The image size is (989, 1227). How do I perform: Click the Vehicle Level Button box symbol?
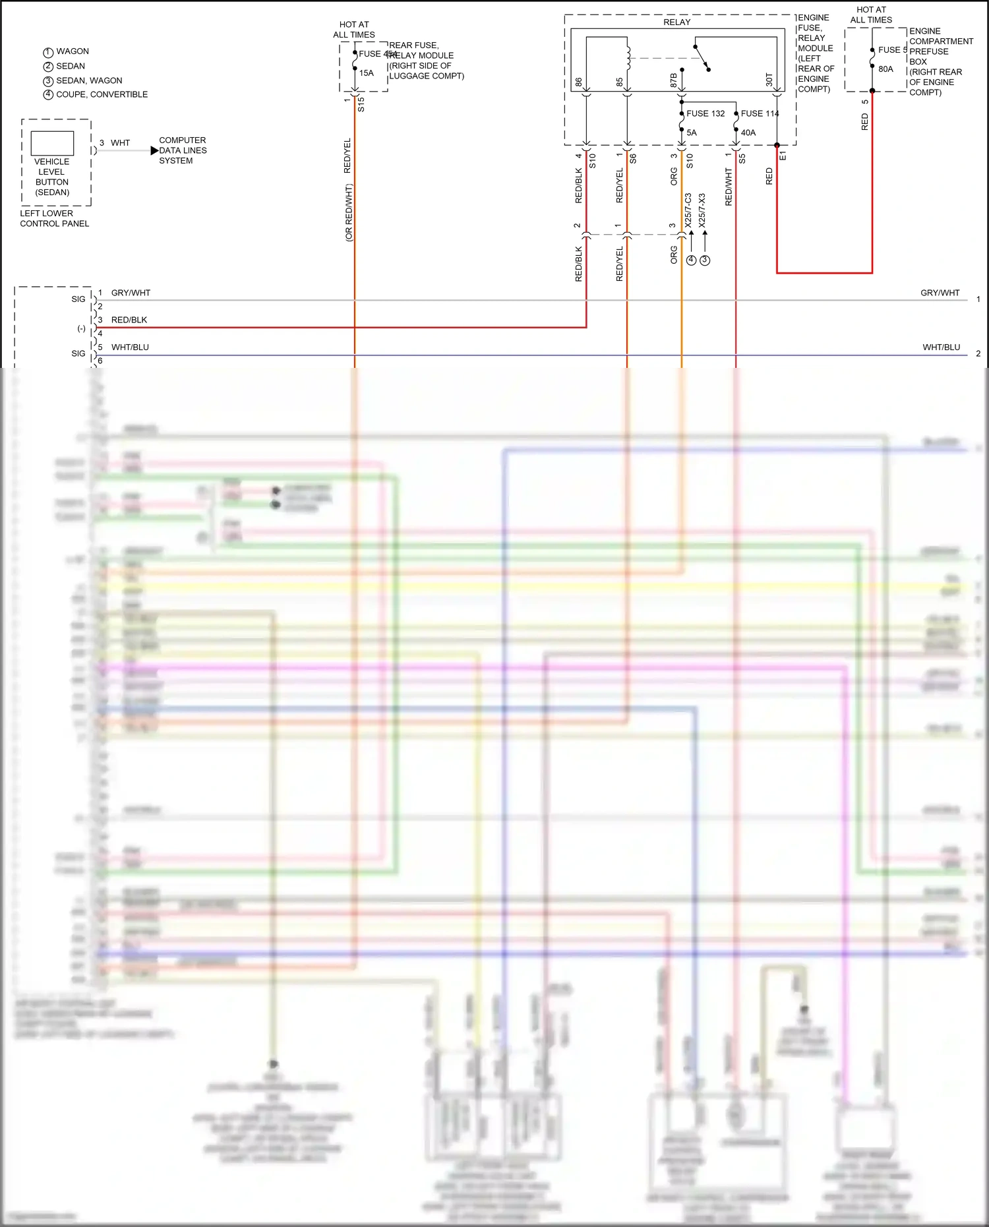point(52,143)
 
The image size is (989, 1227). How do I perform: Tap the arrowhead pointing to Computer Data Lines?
point(154,150)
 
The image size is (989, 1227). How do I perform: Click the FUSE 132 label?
point(705,113)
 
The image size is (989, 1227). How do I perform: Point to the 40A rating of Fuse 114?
point(748,133)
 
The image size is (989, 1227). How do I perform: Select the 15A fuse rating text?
point(367,73)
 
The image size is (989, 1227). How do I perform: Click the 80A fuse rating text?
point(885,69)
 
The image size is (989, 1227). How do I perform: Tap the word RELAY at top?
point(676,22)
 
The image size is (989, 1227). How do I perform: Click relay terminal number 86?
point(579,82)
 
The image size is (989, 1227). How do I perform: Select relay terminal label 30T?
point(769,80)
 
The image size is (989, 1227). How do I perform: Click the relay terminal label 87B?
point(673,80)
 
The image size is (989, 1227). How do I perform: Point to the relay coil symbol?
point(628,58)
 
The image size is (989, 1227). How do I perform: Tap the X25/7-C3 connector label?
point(688,210)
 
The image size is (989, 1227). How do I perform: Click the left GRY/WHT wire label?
point(131,293)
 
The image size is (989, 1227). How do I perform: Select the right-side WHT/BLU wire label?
point(941,347)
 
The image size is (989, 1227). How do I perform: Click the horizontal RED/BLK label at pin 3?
point(129,320)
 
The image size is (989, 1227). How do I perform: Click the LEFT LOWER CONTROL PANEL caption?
point(54,218)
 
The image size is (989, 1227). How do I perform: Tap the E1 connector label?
point(783,156)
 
